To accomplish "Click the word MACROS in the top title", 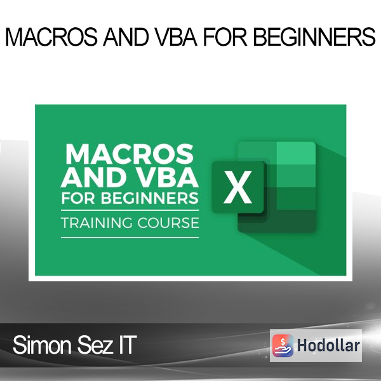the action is tap(51, 37).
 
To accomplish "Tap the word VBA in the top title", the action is tap(176, 37).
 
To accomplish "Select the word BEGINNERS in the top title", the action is tap(314, 37).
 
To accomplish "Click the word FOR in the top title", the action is tap(225, 37).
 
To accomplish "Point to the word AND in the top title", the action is tap(126, 37).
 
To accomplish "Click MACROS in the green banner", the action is tap(130, 154).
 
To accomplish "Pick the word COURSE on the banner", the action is tap(168, 223).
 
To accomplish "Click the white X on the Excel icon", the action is tap(237, 187).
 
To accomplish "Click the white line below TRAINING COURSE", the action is tap(130, 237).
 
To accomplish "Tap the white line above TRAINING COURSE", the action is tap(130, 210).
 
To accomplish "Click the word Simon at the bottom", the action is tap(42, 345).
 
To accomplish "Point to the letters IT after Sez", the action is tap(128, 345).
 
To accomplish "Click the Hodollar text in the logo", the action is tap(328, 345).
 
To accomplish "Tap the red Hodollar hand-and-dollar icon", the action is tap(283, 345).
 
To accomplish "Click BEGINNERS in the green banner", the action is tap(150, 198).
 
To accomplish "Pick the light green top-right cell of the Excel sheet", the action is tap(296, 153).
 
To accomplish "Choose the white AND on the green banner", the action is tap(98, 177).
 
